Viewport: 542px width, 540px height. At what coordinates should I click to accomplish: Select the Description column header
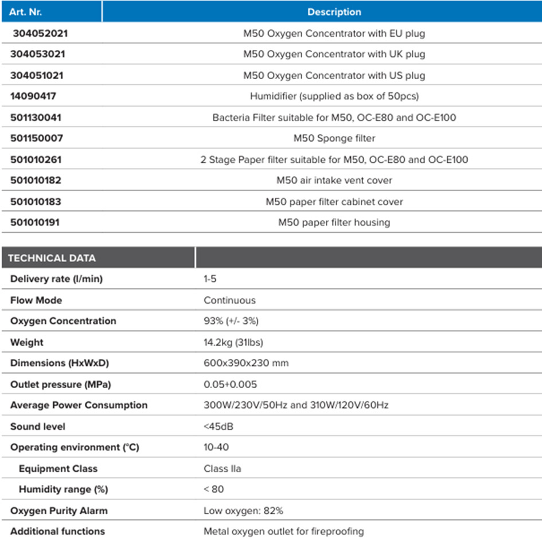point(334,11)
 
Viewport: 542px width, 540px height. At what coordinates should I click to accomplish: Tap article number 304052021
point(40,33)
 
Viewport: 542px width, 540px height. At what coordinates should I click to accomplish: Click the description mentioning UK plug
point(334,54)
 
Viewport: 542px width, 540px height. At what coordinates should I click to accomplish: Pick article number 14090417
point(33,96)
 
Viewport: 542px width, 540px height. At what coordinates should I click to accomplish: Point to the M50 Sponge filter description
point(334,138)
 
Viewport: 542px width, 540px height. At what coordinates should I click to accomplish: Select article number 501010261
point(37,159)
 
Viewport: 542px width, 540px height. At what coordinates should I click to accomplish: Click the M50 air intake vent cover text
point(334,180)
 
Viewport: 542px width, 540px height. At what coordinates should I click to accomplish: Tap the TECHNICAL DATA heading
point(52,258)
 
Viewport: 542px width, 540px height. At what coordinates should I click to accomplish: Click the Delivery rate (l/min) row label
point(57,279)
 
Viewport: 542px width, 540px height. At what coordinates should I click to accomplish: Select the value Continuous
point(229,300)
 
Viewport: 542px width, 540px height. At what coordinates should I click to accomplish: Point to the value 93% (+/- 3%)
point(235,321)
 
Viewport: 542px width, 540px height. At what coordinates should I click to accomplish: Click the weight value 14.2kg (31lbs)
point(233,342)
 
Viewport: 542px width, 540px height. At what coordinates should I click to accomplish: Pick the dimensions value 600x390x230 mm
point(246,363)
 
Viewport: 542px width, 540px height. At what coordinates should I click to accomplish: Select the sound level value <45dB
point(219,426)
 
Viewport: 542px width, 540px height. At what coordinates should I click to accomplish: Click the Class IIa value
point(222,468)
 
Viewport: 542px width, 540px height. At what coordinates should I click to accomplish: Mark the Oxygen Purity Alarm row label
point(59,510)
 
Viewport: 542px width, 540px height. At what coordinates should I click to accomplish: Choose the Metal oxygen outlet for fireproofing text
point(283,531)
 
